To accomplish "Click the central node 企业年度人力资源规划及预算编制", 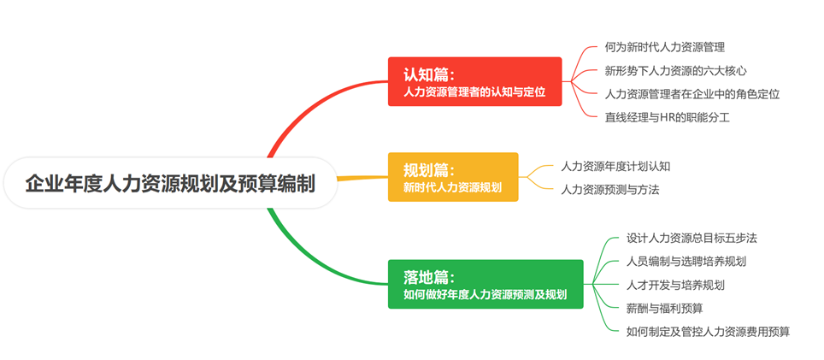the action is coord(170,183).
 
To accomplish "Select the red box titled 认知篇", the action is coord(474,81).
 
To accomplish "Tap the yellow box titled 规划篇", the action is coord(453,177).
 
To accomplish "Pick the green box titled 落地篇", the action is coord(486,284).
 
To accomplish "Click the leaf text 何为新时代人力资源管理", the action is coord(665,47).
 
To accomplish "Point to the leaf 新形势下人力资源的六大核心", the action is coord(676,70).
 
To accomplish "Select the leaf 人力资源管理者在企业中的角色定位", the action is coord(692,94).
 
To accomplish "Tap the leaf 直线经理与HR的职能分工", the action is coord(668,117).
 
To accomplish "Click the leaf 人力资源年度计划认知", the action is coord(615,166).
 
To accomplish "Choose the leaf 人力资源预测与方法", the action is coord(609,190).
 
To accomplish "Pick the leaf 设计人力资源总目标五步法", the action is coord(692,238).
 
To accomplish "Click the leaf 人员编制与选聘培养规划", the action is coord(686,261).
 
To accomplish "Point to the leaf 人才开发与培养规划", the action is coord(675,285).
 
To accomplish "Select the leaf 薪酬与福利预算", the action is coord(664,309).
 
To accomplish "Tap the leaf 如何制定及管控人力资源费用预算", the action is coord(708,332).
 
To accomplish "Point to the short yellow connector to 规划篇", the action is coord(362,178).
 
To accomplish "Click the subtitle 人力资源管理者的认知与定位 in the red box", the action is coord(474,92).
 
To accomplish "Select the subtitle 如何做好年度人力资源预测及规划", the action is coord(485,294).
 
